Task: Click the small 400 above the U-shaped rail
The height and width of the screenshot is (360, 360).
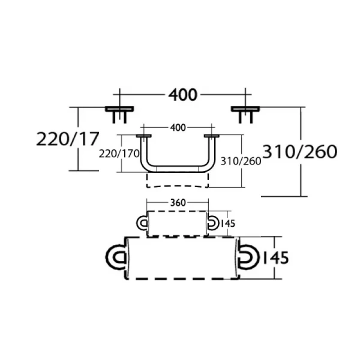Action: coord(178,128)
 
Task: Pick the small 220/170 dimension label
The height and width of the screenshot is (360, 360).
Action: coord(119,154)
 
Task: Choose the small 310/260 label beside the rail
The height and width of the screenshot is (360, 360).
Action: coord(242,161)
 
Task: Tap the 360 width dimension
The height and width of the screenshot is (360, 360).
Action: coord(176,203)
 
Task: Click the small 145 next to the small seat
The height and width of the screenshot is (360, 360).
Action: coord(227,223)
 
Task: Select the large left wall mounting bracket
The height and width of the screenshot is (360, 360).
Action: coord(120,112)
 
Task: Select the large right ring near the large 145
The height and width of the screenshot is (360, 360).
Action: coord(247,257)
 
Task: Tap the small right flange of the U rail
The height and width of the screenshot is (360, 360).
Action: coord(211,137)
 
